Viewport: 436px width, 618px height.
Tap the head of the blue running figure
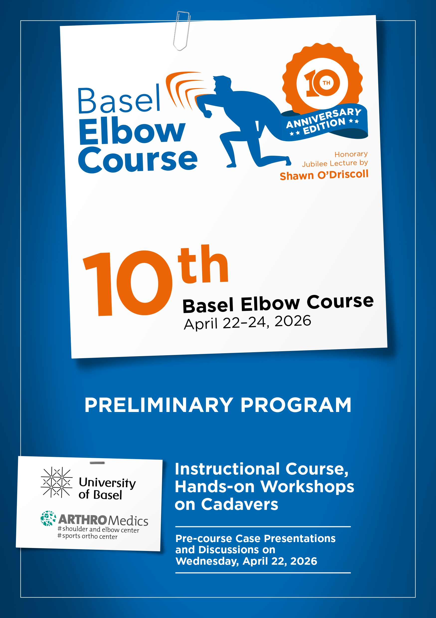[222, 84]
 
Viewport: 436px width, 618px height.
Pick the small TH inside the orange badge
[326, 83]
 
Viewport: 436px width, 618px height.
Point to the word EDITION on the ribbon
[324, 126]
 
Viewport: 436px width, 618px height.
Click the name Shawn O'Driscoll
[324, 175]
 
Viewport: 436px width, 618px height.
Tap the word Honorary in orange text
[351, 154]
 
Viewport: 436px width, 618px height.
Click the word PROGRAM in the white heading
[296, 405]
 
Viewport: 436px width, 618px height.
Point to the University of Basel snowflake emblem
[57, 482]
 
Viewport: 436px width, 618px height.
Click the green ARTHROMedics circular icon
[48, 518]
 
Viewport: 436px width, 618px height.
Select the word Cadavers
[240, 504]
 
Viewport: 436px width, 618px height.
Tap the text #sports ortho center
[87, 536]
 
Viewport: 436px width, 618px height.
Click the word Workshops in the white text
[307, 487]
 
